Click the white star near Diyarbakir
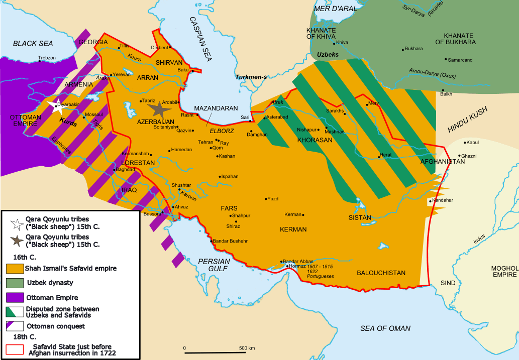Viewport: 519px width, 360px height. click(53, 106)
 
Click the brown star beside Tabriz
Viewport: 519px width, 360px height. click(161, 109)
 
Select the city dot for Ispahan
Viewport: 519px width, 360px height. click(220, 177)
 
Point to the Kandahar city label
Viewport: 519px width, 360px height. click(443, 200)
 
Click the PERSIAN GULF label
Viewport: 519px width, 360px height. click(214, 265)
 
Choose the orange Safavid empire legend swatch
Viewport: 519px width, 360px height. click(15, 268)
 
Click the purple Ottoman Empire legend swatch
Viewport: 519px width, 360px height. click(15, 297)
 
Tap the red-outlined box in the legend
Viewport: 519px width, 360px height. click(15, 349)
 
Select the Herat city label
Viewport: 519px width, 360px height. click(386, 155)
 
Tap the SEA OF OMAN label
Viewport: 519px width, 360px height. click(385, 328)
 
